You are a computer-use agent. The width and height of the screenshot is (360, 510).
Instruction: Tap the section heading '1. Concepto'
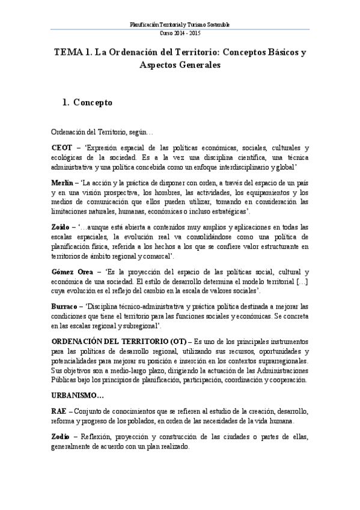point(87,103)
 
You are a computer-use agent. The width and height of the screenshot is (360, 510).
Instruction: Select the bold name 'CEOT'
point(61,147)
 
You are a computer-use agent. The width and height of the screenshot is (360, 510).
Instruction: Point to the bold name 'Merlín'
point(63,182)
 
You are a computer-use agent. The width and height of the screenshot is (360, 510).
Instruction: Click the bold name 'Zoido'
point(61,227)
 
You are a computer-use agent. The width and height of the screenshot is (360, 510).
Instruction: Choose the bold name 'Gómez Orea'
point(70,272)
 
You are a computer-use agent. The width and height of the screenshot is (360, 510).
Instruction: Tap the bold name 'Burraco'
point(65,306)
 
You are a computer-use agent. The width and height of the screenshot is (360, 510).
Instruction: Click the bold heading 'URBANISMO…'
point(78,395)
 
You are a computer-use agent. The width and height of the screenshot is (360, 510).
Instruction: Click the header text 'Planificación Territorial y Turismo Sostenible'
point(180,25)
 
